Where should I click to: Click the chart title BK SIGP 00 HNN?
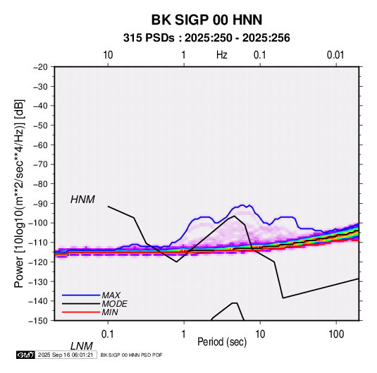(x=206, y=20)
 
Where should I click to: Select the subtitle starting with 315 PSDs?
(x=206, y=38)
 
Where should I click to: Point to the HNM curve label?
(x=82, y=200)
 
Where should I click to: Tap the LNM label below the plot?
(x=82, y=346)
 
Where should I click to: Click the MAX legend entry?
(x=111, y=295)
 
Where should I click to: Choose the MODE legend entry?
(x=114, y=304)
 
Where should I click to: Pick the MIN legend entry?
(x=110, y=312)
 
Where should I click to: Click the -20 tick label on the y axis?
(x=40, y=67)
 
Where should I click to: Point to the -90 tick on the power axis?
(x=40, y=203)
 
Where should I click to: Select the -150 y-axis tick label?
(x=38, y=321)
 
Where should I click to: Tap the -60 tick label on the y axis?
(x=40, y=145)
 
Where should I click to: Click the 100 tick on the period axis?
(x=336, y=334)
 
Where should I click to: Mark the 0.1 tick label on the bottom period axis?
(x=108, y=334)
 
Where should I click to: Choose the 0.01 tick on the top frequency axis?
(x=335, y=55)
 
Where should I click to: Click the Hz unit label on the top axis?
(x=222, y=55)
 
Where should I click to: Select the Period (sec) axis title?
(x=222, y=342)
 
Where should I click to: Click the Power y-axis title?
(x=19, y=194)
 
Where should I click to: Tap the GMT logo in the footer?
(x=25, y=355)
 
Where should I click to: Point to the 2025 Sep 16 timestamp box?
(x=66, y=355)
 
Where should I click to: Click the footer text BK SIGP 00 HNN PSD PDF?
(x=131, y=355)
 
